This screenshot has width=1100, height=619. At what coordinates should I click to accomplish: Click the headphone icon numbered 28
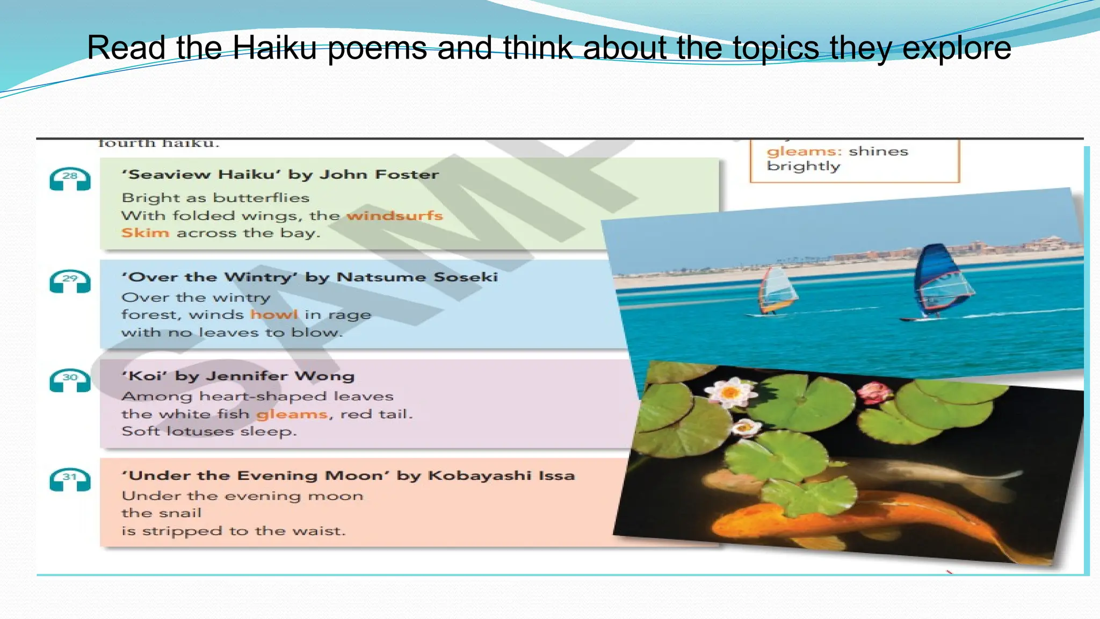pos(70,179)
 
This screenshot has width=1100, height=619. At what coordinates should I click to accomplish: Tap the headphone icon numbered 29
pos(70,281)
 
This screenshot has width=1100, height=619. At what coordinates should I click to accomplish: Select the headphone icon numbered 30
pos(70,380)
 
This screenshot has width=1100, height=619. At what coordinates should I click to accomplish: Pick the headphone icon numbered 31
pos(70,479)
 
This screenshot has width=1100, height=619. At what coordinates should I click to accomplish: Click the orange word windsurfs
pos(395,216)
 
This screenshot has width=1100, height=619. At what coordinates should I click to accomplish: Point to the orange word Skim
pos(145,233)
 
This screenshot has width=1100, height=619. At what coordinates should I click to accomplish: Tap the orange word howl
pos(274,314)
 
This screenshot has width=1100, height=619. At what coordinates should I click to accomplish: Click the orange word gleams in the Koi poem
pos(292,414)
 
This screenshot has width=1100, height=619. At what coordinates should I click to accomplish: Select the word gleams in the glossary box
pos(804,152)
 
